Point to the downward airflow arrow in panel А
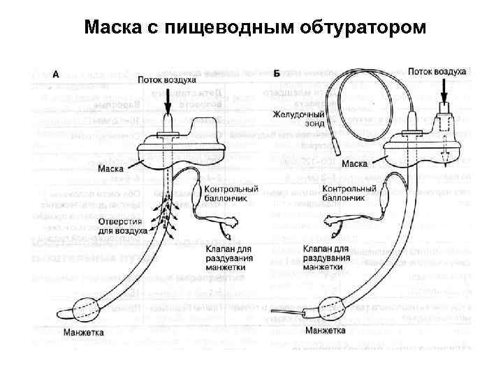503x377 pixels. pyautogui.click(x=167, y=105)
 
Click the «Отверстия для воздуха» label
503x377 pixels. pyautogui.click(x=122, y=225)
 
